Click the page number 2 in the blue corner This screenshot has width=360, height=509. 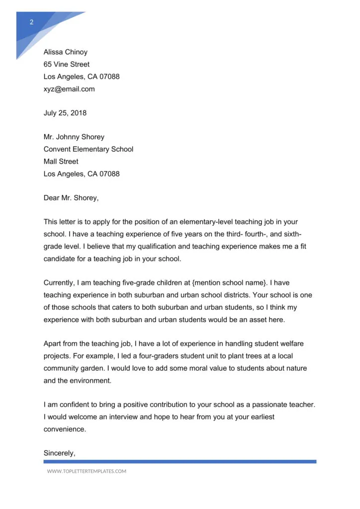[x=32, y=22]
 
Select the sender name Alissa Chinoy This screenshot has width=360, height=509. [x=65, y=52]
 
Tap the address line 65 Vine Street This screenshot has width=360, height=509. [x=67, y=65]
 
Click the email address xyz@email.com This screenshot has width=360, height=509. [x=69, y=89]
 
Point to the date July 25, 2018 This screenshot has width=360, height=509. [x=65, y=113]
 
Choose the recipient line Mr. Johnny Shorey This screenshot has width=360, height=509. [x=74, y=137]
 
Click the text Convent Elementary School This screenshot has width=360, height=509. [x=88, y=149]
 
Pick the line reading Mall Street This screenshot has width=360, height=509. [x=61, y=162]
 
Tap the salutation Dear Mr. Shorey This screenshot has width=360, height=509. [x=71, y=198]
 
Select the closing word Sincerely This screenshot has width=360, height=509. [x=59, y=453]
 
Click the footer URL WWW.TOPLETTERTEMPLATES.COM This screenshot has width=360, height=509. [x=87, y=471]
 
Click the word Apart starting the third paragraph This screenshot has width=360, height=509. [x=53, y=343]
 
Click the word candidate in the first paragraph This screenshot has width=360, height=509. [x=61, y=259]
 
